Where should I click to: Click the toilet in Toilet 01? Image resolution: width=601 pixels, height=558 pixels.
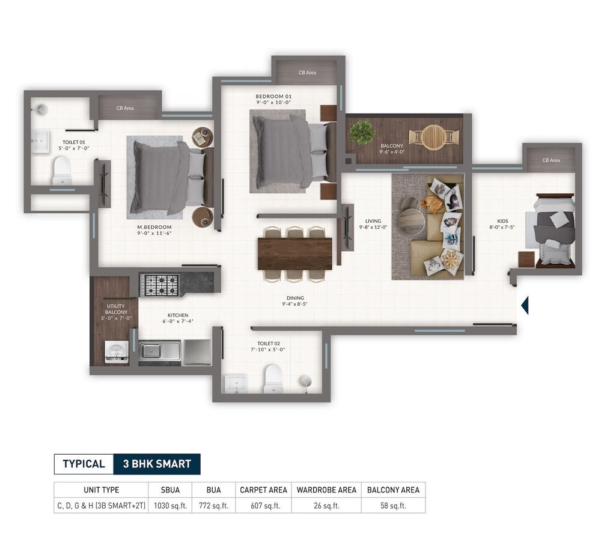62,171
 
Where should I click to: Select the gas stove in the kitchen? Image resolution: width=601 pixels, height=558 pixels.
160,285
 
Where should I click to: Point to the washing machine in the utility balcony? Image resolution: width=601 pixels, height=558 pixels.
117,353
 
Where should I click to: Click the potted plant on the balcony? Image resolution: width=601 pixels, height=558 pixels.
362,132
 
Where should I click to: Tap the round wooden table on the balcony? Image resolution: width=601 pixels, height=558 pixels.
433,137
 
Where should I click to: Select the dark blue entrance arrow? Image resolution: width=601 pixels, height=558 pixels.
525,305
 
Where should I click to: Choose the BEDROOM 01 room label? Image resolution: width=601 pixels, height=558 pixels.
273,96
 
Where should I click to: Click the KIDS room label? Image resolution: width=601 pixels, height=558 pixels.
502,221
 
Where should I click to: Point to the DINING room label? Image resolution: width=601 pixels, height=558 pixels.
295,298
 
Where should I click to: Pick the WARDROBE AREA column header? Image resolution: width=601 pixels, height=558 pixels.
326,490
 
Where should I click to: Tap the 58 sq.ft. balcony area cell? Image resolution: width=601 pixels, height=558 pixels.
393,505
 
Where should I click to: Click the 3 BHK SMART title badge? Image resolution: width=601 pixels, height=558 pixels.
157,464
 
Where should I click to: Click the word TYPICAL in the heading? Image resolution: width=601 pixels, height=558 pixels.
84,464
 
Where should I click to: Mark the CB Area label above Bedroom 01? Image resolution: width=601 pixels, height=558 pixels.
307,73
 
